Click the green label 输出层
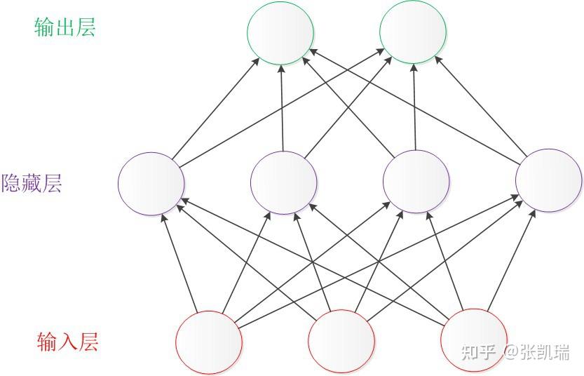click(64, 27)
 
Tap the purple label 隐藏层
click(32, 184)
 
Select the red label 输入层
click(67, 342)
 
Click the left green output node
click(280, 32)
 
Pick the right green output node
click(413, 32)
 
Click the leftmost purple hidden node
click(151, 183)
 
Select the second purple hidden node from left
click(284, 183)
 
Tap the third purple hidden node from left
click(416, 183)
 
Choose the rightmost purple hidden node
click(548, 180)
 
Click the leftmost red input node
click(208, 342)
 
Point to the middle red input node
click(341, 342)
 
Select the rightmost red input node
click(473, 340)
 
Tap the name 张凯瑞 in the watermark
click(545, 351)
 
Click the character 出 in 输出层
click(65, 27)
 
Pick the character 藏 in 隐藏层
click(32, 184)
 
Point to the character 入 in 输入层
click(68, 342)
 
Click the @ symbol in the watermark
click(510, 351)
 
